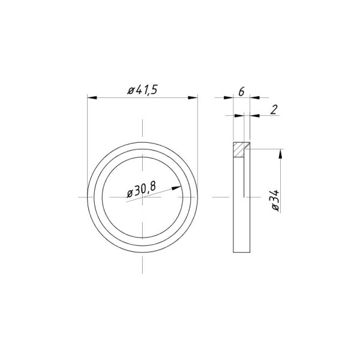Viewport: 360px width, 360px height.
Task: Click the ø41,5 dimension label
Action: tap(143, 90)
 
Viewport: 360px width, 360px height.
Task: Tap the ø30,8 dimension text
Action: tap(142, 190)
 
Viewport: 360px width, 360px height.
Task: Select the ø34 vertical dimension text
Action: tap(275, 200)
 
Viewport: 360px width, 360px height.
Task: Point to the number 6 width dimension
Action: tap(241, 92)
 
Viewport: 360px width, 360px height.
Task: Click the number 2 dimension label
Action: tap(274, 110)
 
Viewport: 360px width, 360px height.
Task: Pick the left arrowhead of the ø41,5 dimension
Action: tap(92, 98)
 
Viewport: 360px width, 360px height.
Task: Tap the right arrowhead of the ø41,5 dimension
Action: tap(193, 98)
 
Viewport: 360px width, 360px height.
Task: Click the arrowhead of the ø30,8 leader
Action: tap(176, 188)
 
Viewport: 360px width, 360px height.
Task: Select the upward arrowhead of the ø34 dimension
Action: tap(280, 154)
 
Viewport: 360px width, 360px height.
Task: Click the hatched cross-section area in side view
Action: tap(239, 149)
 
